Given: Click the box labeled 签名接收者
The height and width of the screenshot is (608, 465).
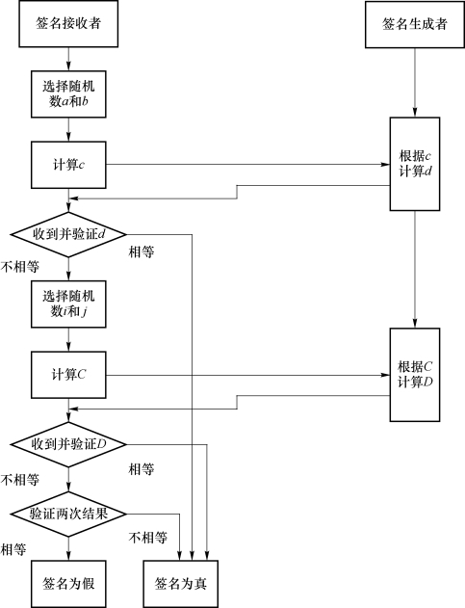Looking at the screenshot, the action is click(x=68, y=24).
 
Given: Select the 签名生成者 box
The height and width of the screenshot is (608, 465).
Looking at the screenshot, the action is click(x=415, y=24).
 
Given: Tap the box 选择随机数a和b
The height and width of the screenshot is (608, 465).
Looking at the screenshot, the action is click(x=68, y=93).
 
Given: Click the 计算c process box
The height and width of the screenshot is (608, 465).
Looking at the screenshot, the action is click(x=68, y=165).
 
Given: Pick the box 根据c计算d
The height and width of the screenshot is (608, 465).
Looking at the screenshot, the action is click(x=415, y=164).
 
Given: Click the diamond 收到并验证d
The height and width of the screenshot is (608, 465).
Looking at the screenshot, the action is click(x=68, y=234).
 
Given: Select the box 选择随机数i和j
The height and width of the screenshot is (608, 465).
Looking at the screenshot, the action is click(x=68, y=304).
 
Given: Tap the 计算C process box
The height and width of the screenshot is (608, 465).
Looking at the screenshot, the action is click(x=68, y=375).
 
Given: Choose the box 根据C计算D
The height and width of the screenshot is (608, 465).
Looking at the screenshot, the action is click(x=415, y=375).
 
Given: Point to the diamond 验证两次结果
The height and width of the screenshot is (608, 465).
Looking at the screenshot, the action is click(x=68, y=515).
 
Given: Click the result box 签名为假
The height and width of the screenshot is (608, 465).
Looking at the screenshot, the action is click(x=68, y=584).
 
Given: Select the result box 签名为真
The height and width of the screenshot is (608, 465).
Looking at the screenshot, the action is click(x=181, y=584).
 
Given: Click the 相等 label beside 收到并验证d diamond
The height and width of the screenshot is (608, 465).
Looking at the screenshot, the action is click(x=142, y=252).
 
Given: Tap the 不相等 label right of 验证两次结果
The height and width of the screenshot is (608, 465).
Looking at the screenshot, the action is click(x=148, y=538).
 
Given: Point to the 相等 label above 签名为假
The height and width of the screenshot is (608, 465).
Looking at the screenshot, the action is click(x=13, y=549).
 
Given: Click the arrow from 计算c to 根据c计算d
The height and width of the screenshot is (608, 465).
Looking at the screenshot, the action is click(x=248, y=165).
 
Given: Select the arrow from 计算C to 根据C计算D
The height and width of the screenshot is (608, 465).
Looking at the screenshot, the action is click(x=248, y=375).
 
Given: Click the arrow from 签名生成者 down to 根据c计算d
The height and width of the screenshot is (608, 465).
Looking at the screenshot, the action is click(x=415, y=83).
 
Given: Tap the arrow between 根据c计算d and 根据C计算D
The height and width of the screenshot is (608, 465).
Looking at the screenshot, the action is click(x=415, y=270).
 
